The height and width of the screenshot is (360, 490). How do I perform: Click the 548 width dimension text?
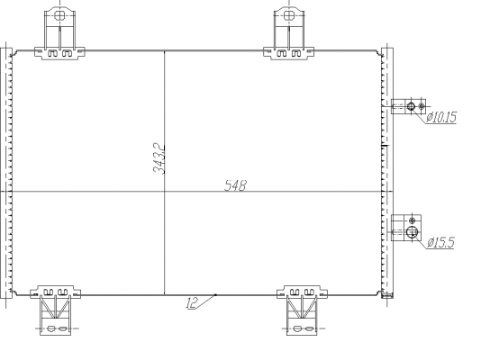click(235, 185)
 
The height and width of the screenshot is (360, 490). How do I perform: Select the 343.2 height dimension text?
click(159, 158)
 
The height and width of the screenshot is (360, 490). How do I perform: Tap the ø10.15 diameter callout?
click(441, 117)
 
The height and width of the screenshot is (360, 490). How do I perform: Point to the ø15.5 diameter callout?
click(440, 242)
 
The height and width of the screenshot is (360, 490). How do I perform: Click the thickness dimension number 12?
click(192, 302)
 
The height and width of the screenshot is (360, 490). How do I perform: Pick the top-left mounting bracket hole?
click(59, 15)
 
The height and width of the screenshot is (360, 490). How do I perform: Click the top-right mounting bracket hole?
click(289, 15)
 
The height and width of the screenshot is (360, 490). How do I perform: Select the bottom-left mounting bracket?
click(55, 310)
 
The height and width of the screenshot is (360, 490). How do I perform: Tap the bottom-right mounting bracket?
click(302, 310)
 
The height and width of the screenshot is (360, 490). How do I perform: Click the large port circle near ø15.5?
click(412, 232)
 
